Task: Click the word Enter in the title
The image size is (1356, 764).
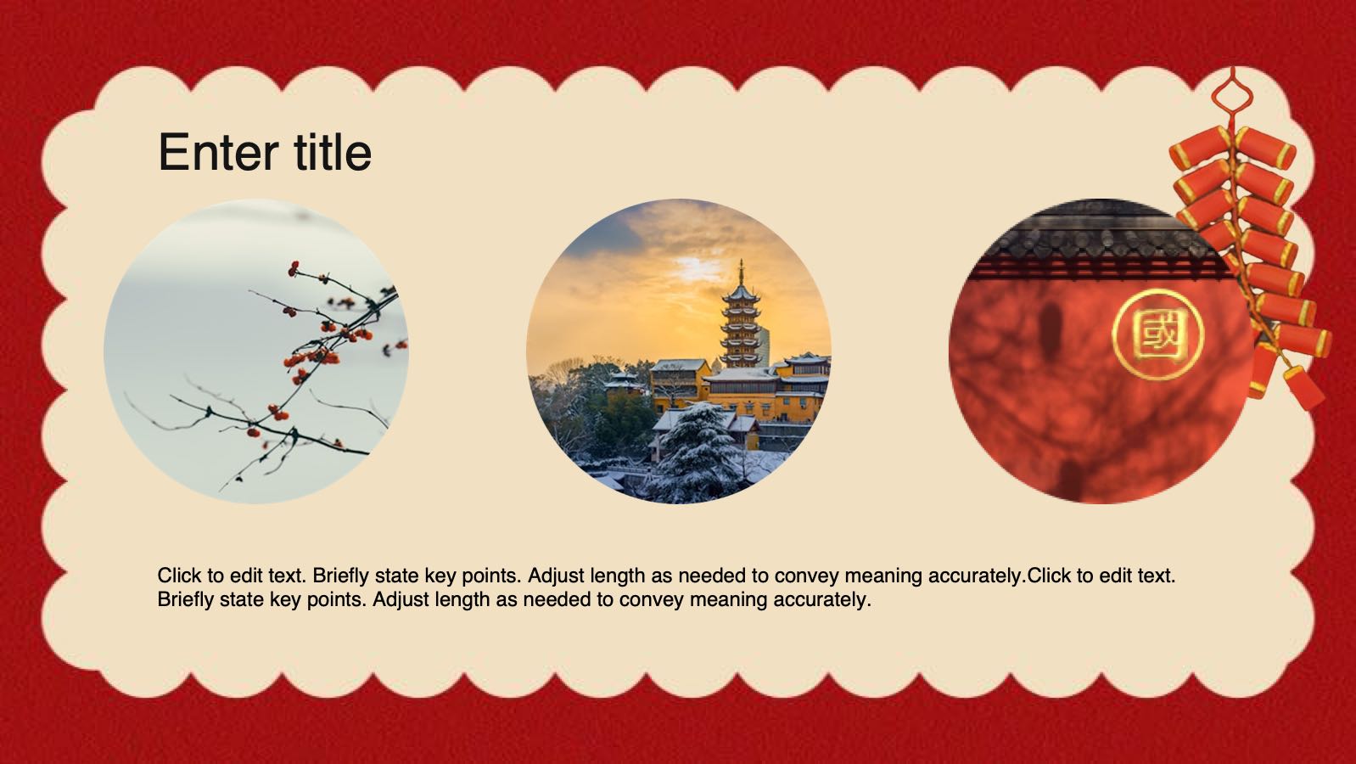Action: click(x=219, y=152)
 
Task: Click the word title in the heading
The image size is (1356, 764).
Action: click(x=333, y=152)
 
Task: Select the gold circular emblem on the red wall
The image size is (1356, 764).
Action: click(x=1157, y=334)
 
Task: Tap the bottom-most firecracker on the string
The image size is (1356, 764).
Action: click(x=1304, y=387)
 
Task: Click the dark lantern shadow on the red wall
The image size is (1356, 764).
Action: click(x=1051, y=332)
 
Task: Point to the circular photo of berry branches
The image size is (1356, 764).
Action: click(x=256, y=351)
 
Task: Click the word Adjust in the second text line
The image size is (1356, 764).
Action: click(x=400, y=600)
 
